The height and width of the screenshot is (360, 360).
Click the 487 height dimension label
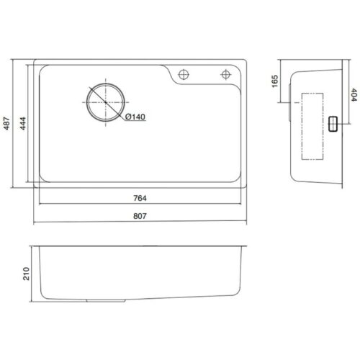coord(7,123)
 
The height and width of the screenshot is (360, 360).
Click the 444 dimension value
coord(22,123)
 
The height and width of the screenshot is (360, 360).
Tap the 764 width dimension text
coord(140,198)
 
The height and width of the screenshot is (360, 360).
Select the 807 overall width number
coord(140,216)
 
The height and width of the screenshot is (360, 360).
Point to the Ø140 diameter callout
coord(135,117)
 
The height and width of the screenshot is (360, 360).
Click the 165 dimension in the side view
coord(274,81)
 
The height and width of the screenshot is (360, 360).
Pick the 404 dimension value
coord(354,95)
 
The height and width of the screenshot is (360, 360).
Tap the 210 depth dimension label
coord(26,274)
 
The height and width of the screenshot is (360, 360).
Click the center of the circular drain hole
coord(106,102)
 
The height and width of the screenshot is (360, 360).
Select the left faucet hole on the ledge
coord(184,74)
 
